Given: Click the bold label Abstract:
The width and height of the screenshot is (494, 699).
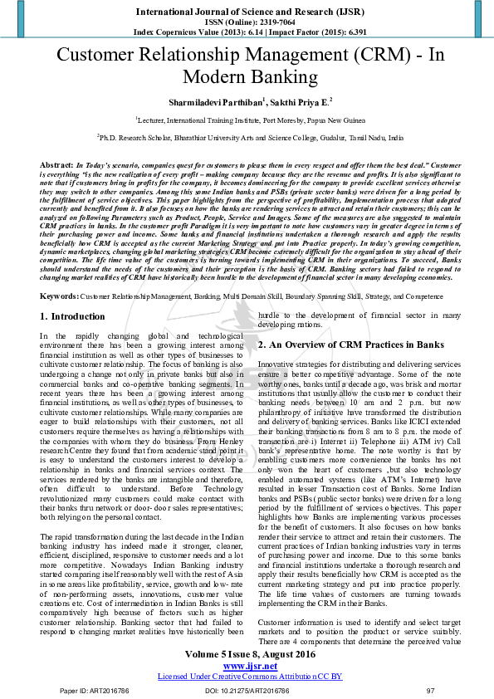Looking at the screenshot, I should pyautogui.click(x=56, y=166).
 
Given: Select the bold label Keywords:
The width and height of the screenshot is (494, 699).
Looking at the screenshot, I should pyautogui.click(x=60, y=296).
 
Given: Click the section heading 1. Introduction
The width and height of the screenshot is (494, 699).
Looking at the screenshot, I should pyautogui.click(x=73, y=316).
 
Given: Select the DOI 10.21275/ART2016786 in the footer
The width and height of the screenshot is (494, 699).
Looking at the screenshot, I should pyautogui.click(x=247, y=690).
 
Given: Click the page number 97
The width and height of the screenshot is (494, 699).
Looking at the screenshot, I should pyautogui.click(x=430, y=690).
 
